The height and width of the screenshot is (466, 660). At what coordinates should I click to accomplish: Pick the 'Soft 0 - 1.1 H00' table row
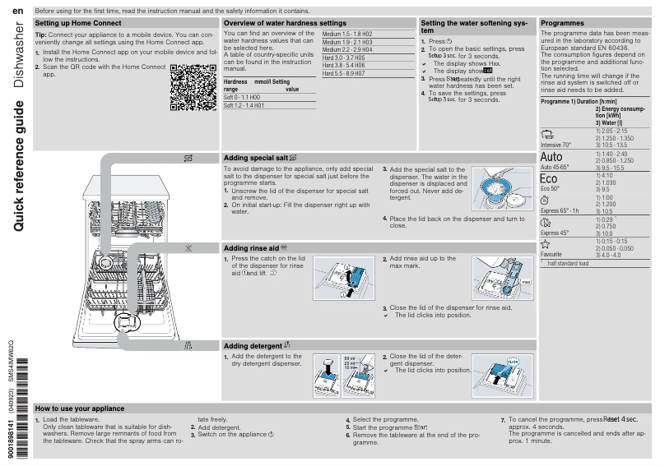[243, 97]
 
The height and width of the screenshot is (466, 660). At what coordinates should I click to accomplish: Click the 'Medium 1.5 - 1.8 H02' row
[346, 34]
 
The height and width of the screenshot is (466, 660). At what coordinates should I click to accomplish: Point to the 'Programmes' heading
[562, 23]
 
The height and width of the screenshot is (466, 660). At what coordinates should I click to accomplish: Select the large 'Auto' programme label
[552, 157]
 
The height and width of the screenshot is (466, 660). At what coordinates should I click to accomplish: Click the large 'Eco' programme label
[548, 178]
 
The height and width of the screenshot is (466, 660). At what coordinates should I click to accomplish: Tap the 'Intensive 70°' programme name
[555, 145]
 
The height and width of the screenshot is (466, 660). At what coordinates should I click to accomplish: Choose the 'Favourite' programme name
[551, 255]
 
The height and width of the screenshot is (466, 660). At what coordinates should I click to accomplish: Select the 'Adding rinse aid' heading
[255, 247]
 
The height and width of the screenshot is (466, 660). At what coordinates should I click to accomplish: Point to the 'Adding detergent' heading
[257, 346]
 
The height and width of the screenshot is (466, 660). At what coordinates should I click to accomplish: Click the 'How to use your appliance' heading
[80, 408]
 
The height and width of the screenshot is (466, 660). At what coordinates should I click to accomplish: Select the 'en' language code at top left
[17, 10]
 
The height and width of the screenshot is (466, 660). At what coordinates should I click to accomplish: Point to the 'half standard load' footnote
[568, 263]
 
